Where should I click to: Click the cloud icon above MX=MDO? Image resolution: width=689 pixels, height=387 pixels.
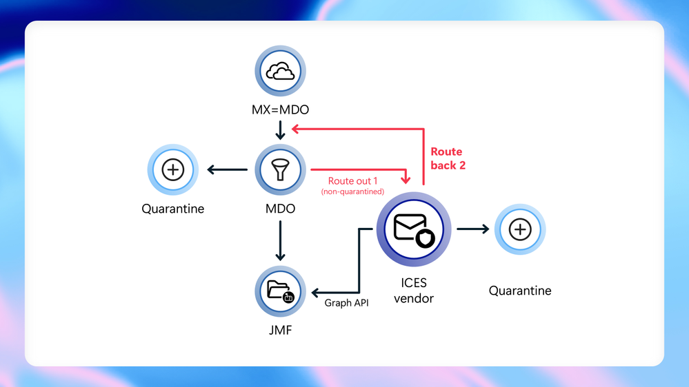coord(280,71)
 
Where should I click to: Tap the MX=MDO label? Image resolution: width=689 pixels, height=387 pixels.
coord(280,110)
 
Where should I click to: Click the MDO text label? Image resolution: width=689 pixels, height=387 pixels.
coord(280,209)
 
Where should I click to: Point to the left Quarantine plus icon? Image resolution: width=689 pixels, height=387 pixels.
coord(172,169)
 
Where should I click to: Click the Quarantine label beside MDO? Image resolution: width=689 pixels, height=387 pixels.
coord(172,209)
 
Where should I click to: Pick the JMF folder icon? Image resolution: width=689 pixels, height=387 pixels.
coord(280,291)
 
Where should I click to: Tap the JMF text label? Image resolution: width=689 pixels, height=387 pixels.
coord(280,331)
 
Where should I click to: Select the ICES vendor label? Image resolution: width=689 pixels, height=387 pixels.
coord(414,291)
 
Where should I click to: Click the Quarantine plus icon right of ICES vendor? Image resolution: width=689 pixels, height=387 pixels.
coord(520,230)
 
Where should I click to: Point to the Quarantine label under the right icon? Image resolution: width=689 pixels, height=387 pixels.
coord(520,291)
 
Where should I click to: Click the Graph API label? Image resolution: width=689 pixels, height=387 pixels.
coord(346,302)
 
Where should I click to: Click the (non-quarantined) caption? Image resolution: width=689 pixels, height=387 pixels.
coord(352,191)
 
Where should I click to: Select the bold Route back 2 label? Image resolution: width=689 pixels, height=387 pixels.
coord(448,158)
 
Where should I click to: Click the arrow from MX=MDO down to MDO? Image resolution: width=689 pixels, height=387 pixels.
coord(280,129)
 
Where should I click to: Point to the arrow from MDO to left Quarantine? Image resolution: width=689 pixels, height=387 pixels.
coord(228,169)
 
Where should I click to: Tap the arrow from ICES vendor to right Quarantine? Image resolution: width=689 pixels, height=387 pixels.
coord(472,230)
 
